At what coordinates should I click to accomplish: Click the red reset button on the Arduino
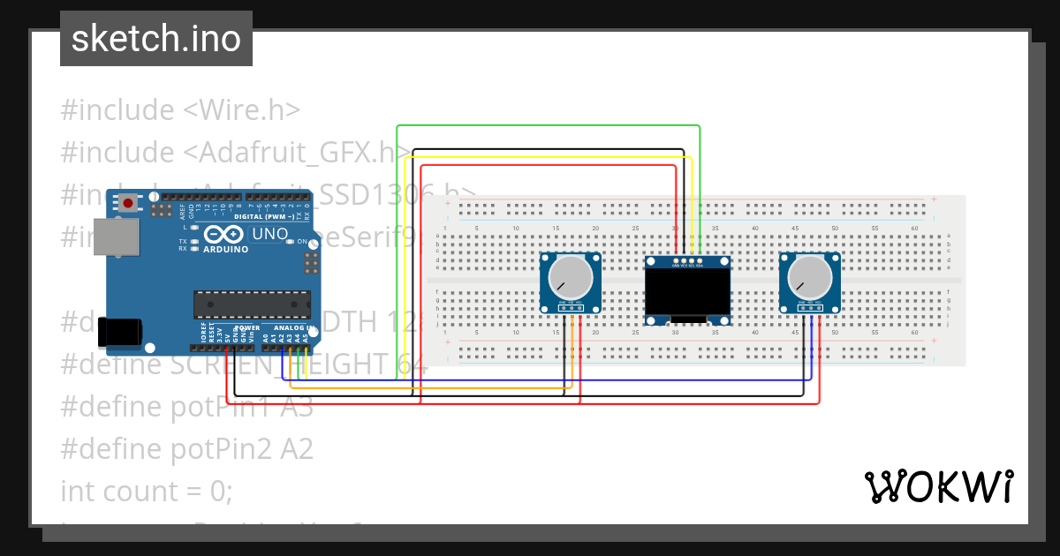[129, 203]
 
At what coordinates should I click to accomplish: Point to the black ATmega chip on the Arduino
[253, 304]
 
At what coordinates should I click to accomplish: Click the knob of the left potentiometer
[571, 278]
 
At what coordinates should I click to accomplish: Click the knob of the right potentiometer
[809, 278]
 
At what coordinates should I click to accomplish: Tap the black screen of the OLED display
[688, 296]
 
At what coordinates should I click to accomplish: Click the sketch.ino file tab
[156, 39]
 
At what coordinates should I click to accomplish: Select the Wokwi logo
[938, 486]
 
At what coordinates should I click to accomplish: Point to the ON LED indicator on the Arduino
[301, 242]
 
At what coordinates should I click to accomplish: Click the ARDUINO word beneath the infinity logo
[225, 250]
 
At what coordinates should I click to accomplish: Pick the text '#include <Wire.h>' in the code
[181, 110]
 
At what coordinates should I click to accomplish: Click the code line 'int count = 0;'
[147, 491]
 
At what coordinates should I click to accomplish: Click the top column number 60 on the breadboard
[914, 229]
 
